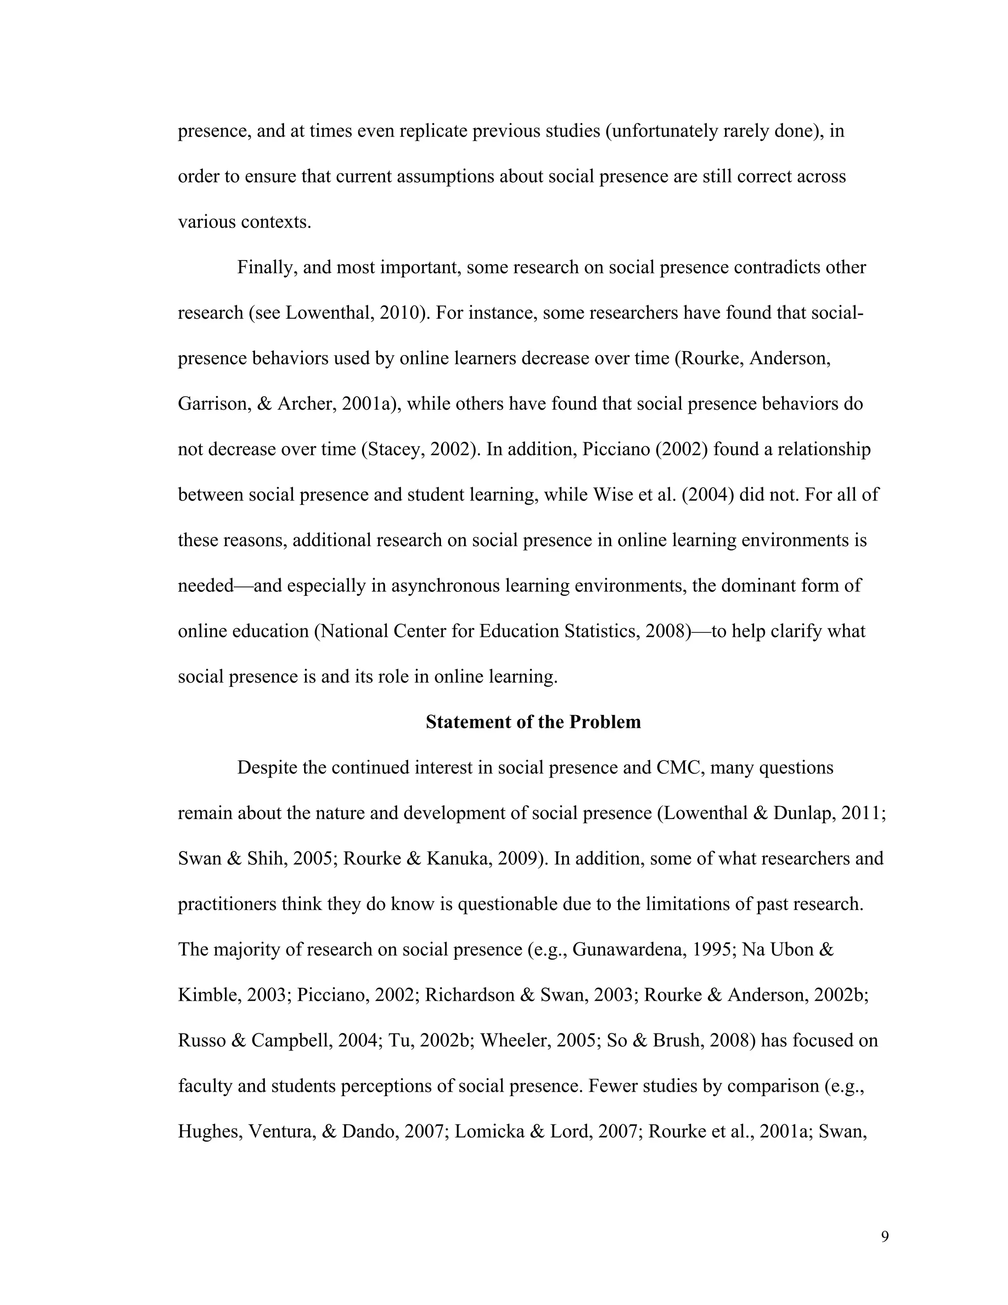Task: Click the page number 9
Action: coord(884,1236)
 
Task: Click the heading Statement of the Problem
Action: coord(533,722)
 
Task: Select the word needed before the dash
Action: coord(205,586)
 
